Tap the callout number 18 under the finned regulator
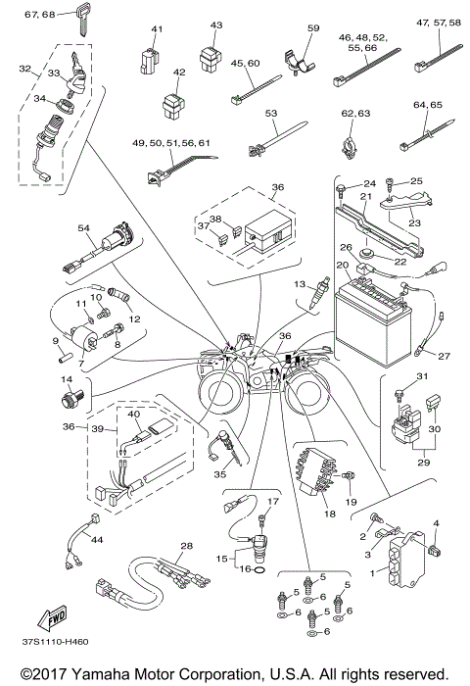click(x=330, y=513)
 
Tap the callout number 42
click(x=177, y=73)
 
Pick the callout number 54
click(x=85, y=228)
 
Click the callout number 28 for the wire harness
click(x=186, y=545)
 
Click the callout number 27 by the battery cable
click(x=444, y=357)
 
